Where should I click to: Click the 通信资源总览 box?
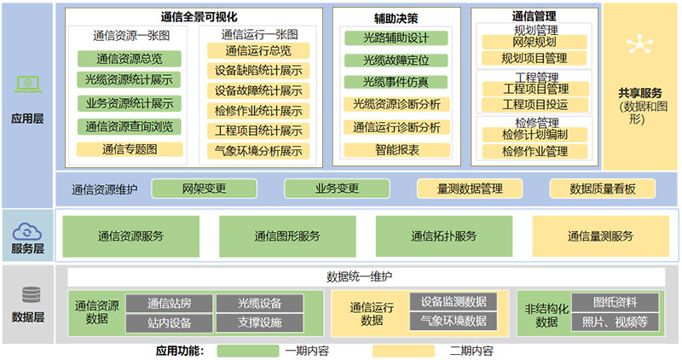(x=130, y=59)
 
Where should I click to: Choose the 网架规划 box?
(x=535, y=42)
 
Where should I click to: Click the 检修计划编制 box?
(x=535, y=135)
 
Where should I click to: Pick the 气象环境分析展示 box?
(x=258, y=152)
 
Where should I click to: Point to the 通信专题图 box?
(x=130, y=149)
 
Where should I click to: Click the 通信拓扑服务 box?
(x=443, y=236)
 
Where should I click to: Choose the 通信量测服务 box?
(x=601, y=236)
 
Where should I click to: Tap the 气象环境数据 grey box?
(x=453, y=321)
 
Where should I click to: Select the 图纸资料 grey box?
(x=614, y=303)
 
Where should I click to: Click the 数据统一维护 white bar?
(x=366, y=276)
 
